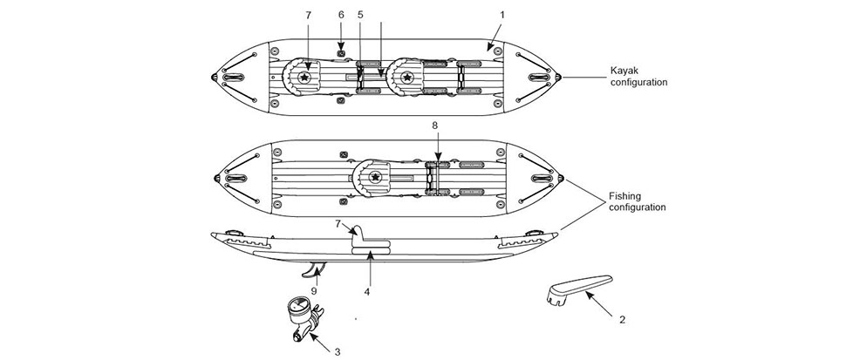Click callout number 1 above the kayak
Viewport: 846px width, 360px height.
coord(502,15)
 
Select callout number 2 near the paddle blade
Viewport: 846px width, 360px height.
coord(622,320)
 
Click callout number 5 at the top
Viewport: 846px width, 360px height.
coord(360,15)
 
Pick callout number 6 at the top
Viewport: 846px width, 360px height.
coord(341,15)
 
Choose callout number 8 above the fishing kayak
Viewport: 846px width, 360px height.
coord(436,126)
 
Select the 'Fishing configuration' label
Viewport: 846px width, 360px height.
coord(638,202)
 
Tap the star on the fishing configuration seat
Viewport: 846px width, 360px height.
coord(377,177)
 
